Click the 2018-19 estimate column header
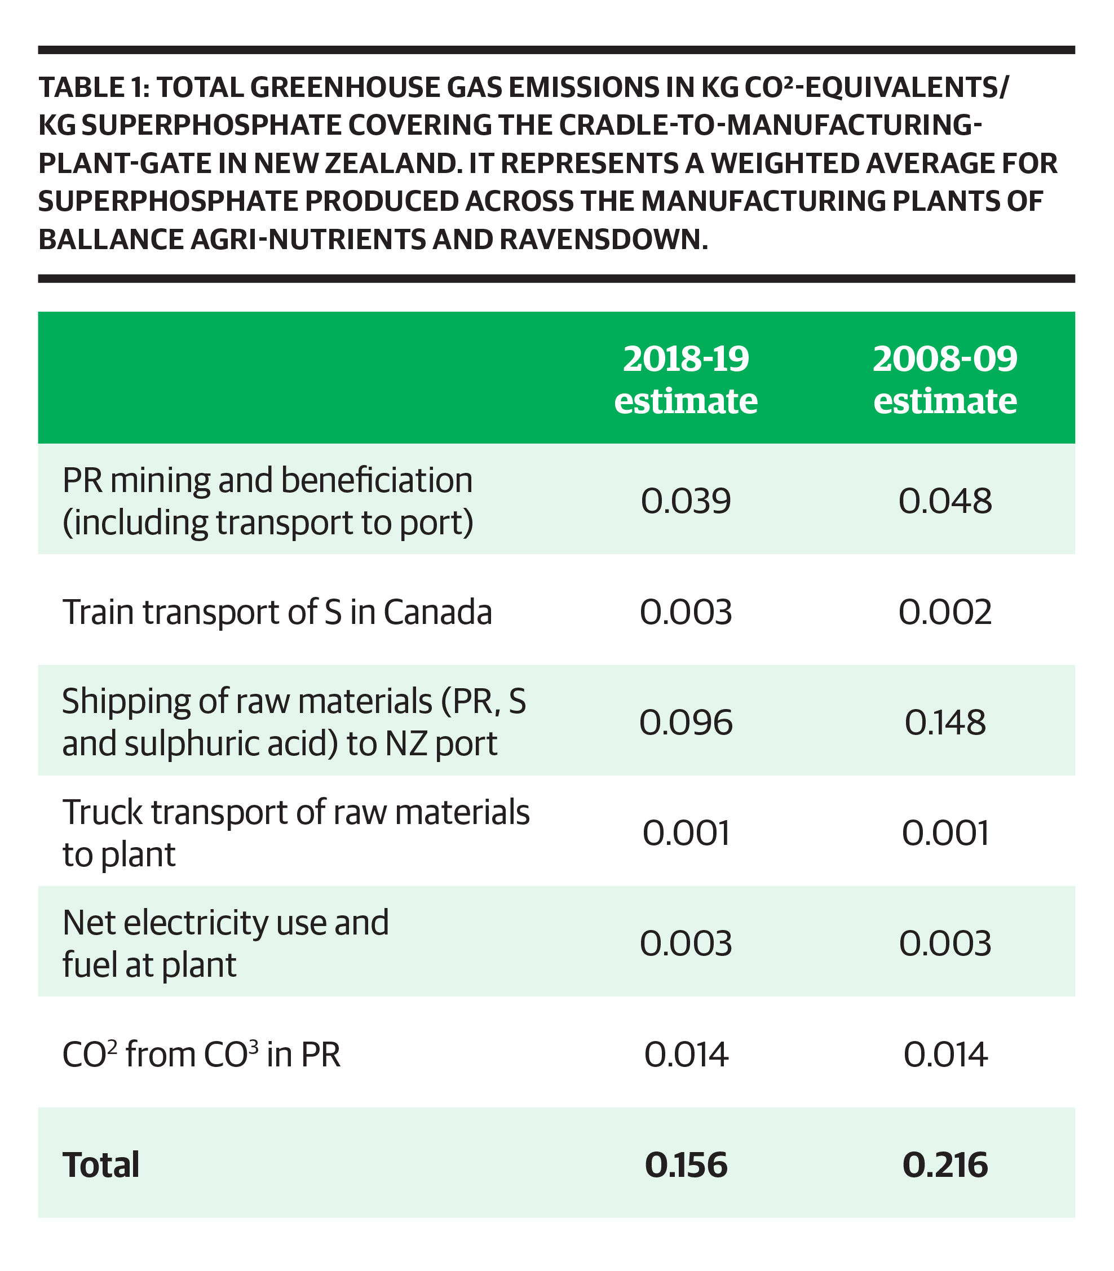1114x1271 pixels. click(x=686, y=380)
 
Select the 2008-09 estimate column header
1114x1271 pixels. click(x=945, y=380)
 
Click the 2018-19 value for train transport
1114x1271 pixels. click(x=686, y=612)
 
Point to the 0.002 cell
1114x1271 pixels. click(x=945, y=612)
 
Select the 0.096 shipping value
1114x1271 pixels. click(x=686, y=722)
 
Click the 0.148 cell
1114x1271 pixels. click(x=945, y=722)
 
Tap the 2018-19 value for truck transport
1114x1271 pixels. click(x=686, y=833)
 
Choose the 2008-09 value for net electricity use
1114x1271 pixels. click(x=945, y=944)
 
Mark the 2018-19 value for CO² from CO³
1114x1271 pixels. click(x=686, y=1054)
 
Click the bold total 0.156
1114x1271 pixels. click(x=686, y=1164)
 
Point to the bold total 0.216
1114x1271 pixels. click(x=945, y=1164)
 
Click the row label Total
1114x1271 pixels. click(x=101, y=1164)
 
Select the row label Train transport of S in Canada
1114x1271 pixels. click(x=277, y=612)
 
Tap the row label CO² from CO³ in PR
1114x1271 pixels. click(x=201, y=1053)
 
